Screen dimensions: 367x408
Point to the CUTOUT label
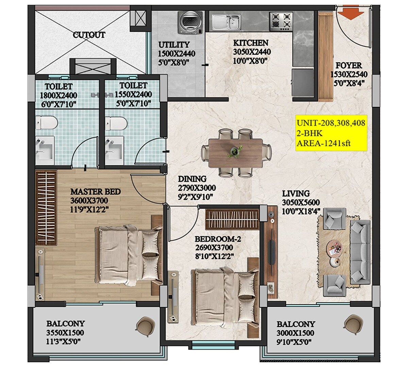coord(89,35)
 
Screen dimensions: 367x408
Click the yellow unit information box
coord(331,133)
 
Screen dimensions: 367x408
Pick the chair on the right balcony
coord(352,322)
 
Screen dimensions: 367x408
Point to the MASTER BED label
coord(95,192)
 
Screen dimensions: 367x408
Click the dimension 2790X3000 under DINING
coord(197,188)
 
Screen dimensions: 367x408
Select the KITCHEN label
coord(251,43)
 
